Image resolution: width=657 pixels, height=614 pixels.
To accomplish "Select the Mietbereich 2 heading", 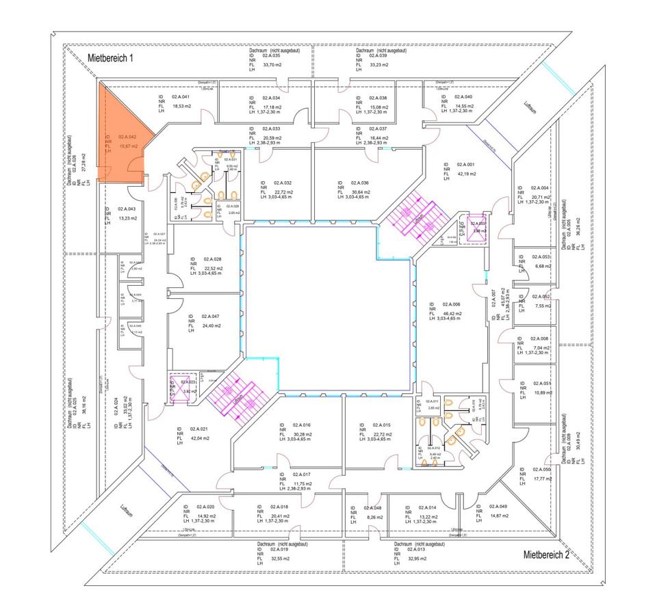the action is [x=546, y=555].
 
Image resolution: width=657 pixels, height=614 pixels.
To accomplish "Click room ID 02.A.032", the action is [x=283, y=183].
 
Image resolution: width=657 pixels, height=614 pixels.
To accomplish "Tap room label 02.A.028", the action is [x=211, y=259].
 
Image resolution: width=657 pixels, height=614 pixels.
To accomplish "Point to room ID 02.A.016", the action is [x=302, y=425].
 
